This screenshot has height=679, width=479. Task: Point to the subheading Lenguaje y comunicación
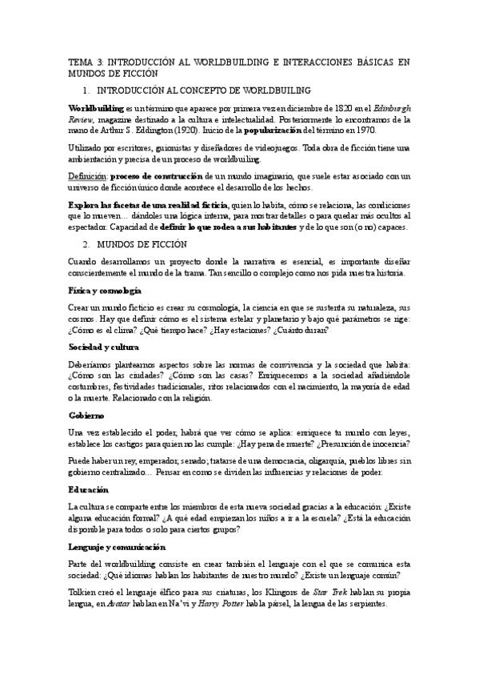pos(117,546)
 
